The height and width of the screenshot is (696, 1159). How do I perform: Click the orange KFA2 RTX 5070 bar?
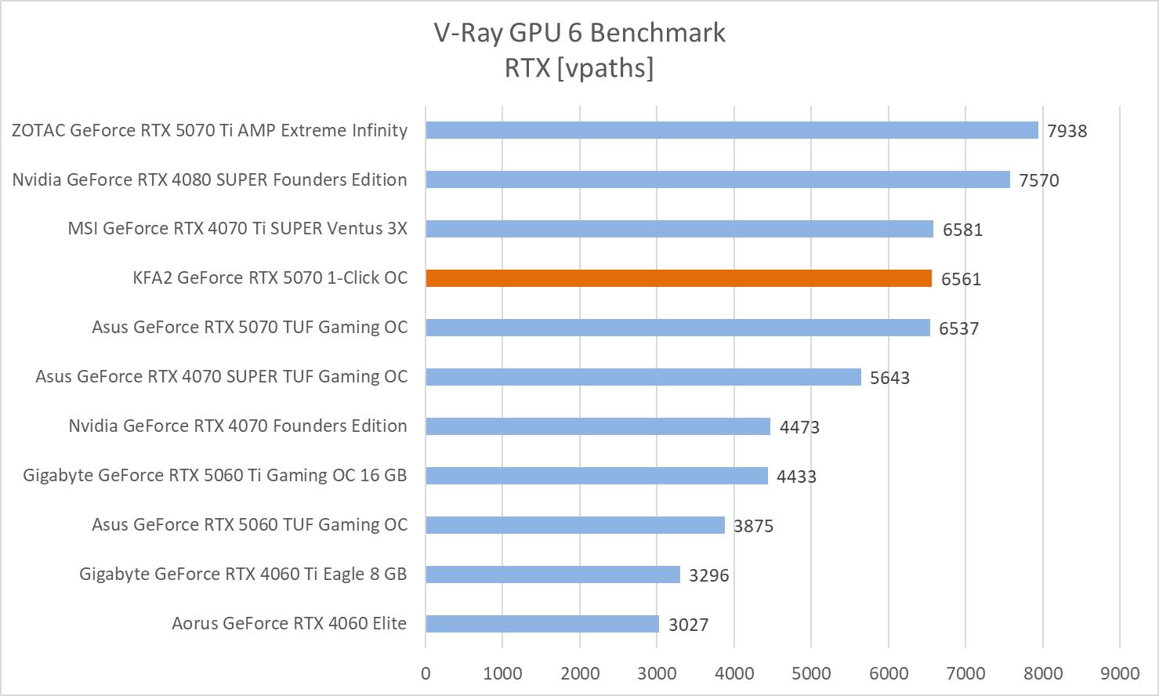click(x=679, y=278)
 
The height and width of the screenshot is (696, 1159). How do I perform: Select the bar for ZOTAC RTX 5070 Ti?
click(x=732, y=130)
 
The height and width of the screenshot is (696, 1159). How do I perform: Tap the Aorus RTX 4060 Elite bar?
click(x=542, y=624)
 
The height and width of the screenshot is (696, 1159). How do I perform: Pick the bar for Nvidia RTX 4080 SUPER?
click(x=718, y=179)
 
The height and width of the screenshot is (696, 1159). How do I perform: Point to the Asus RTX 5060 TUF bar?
click(x=575, y=525)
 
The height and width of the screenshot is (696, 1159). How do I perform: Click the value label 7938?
click(x=1067, y=131)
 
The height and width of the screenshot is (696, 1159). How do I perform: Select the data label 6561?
click(x=961, y=279)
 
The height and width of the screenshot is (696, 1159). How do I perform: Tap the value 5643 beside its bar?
click(x=889, y=378)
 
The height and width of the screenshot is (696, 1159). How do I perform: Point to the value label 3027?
click(x=688, y=625)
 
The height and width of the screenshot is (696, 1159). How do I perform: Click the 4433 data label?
click(x=796, y=477)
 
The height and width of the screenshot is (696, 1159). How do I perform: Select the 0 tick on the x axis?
click(x=426, y=673)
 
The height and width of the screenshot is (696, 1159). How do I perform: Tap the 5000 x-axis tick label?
click(x=811, y=673)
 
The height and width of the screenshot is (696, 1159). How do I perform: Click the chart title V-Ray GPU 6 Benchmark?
click(x=579, y=33)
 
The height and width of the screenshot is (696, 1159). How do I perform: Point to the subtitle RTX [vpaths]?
click(x=579, y=68)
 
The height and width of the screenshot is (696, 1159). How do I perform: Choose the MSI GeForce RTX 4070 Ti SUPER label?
click(x=237, y=229)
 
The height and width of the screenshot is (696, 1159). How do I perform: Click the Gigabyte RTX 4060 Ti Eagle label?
click(x=243, y=575)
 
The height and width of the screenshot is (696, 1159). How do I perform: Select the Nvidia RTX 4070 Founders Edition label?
click(x=237, y=426)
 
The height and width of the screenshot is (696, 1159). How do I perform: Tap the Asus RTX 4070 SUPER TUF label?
click(x=222, y=377)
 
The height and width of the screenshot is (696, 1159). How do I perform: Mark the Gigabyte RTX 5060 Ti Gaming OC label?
click(x=215, y=476)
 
